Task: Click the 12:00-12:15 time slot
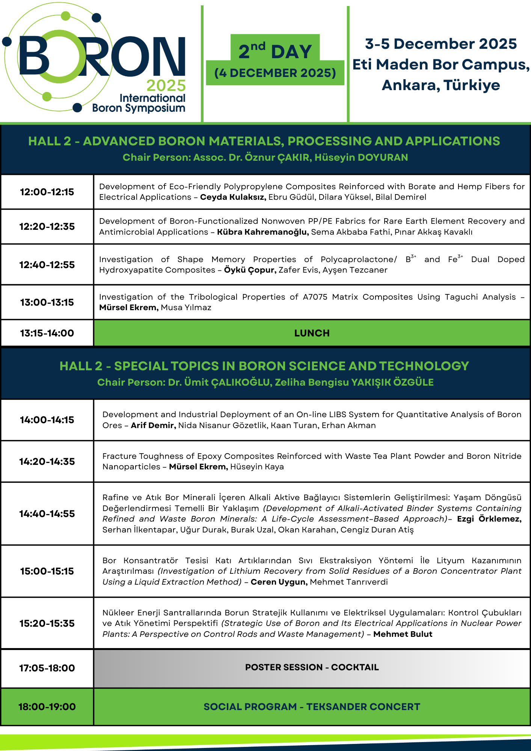[x=47, y=192]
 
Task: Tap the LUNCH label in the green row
[x=312, y=333]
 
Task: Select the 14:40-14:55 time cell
[x=47, y=514]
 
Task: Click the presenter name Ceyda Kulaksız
[x=233, y=197]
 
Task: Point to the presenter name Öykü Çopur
[x=250, y=270]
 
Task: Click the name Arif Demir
[x=153, y=425]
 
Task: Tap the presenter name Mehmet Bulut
[x=403, y=634]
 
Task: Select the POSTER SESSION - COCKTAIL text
[x=312, y=667]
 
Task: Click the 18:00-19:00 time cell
[x=47, y=707]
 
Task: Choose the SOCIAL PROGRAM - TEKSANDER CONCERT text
[x=312, y=707]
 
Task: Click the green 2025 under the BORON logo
[x=166, y=86]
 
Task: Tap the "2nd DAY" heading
[x=275, y=51]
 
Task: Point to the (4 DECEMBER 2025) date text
[x=275, y=73]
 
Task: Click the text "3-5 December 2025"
[x=441, y=44]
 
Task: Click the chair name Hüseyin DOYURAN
[x=361, y=157]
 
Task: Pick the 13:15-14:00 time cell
[x=47, y=333]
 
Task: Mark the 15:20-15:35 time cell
[x=47, y=623]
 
